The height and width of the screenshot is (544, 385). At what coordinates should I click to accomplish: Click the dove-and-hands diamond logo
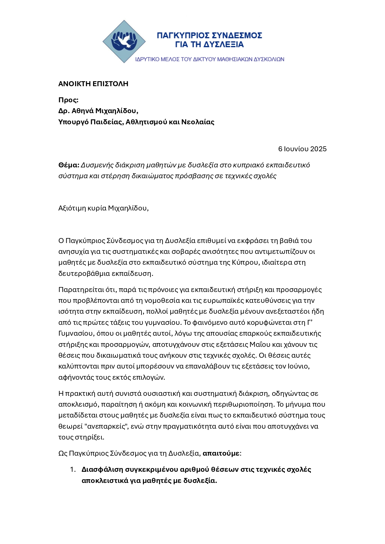(x=124, y=42)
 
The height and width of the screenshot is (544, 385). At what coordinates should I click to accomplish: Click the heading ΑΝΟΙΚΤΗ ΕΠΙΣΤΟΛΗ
(x=93, y=84)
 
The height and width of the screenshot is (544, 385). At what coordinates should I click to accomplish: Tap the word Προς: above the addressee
(x=68, y=100)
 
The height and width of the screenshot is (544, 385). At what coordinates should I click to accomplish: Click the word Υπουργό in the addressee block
(x=73, y=122)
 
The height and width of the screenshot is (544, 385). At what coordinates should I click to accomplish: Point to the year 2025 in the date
(x=318, y=149)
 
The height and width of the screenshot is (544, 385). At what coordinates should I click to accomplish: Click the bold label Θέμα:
(x=69, y=165)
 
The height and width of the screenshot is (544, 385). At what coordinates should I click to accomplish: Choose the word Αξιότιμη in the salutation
(x=72, y=208)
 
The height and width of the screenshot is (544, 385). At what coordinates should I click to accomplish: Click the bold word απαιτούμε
(x=221, y=453)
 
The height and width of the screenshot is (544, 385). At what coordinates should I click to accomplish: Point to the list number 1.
(x=73, y=469)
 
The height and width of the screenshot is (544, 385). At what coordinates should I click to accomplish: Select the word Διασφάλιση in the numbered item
(x=102, y=469)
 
